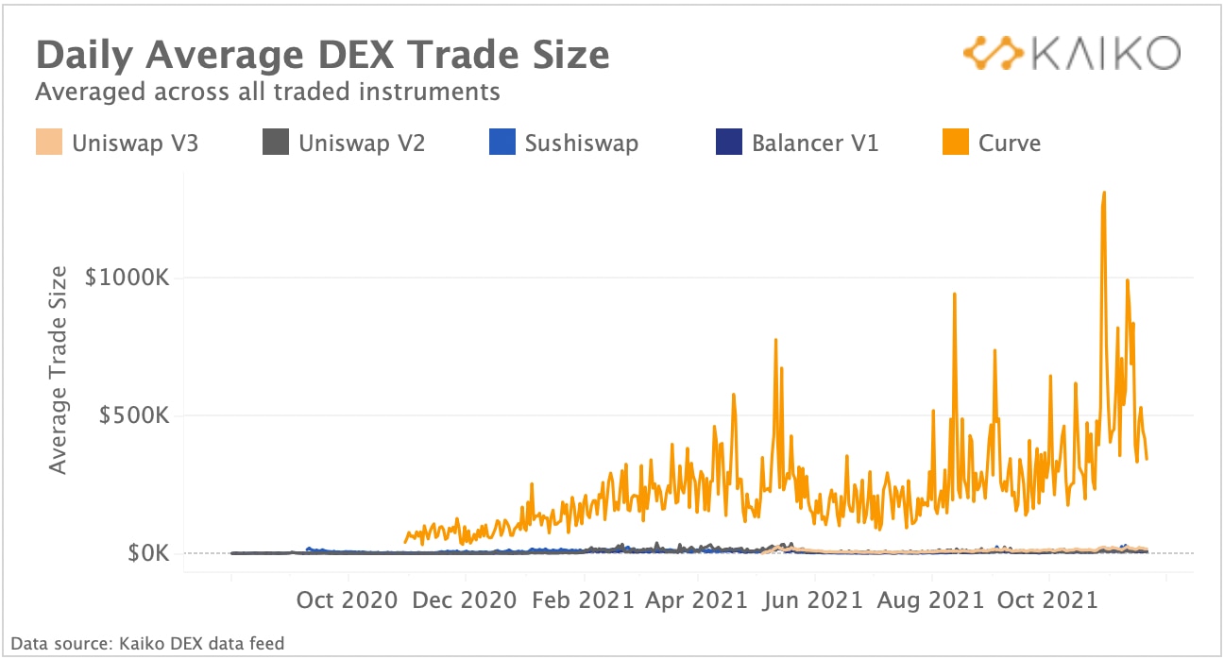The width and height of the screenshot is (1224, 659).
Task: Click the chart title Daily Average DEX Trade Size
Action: pyautogui.click(x=322, y=55)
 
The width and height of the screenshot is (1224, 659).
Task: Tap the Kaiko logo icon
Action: pyautogui.click(x=991, y=53)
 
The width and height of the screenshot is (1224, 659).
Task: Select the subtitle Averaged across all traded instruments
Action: pyautogui.click(x=267, y=92)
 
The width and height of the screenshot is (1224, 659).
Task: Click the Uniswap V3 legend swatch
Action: pyautogui.click(x=48, y=144)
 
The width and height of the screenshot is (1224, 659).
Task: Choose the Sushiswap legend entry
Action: pyautogui.click(x=564, y=144)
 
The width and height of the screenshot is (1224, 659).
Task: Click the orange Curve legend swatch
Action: pyautogui.click(x=956, y=144)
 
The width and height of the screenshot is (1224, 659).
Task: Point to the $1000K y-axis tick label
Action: pyautogui.click(x=127, y=279)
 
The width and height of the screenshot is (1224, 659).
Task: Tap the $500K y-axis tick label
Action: pyautogui.click(x=134, y=415)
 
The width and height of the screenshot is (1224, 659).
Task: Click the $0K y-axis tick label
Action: pyautogui.click(x=148, y=553)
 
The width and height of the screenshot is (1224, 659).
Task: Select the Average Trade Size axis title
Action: pyautogui.click(x=59, y=370)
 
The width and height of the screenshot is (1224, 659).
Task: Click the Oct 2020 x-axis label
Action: pyautogui.click(x=348, y=600)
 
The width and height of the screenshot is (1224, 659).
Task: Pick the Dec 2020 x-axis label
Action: pyautogui.click(x=465, y=600)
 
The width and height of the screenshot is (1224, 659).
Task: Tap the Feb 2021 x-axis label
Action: pyautogui.click(x=581, y=600)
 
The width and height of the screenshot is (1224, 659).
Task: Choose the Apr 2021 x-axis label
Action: pyautogui.click(x=698, y=600)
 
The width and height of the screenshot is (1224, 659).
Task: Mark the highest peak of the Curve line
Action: pyautogui.click(x=1103, y=193)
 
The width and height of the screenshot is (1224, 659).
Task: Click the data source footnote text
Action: pyautogui.click(x=147, y=644)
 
